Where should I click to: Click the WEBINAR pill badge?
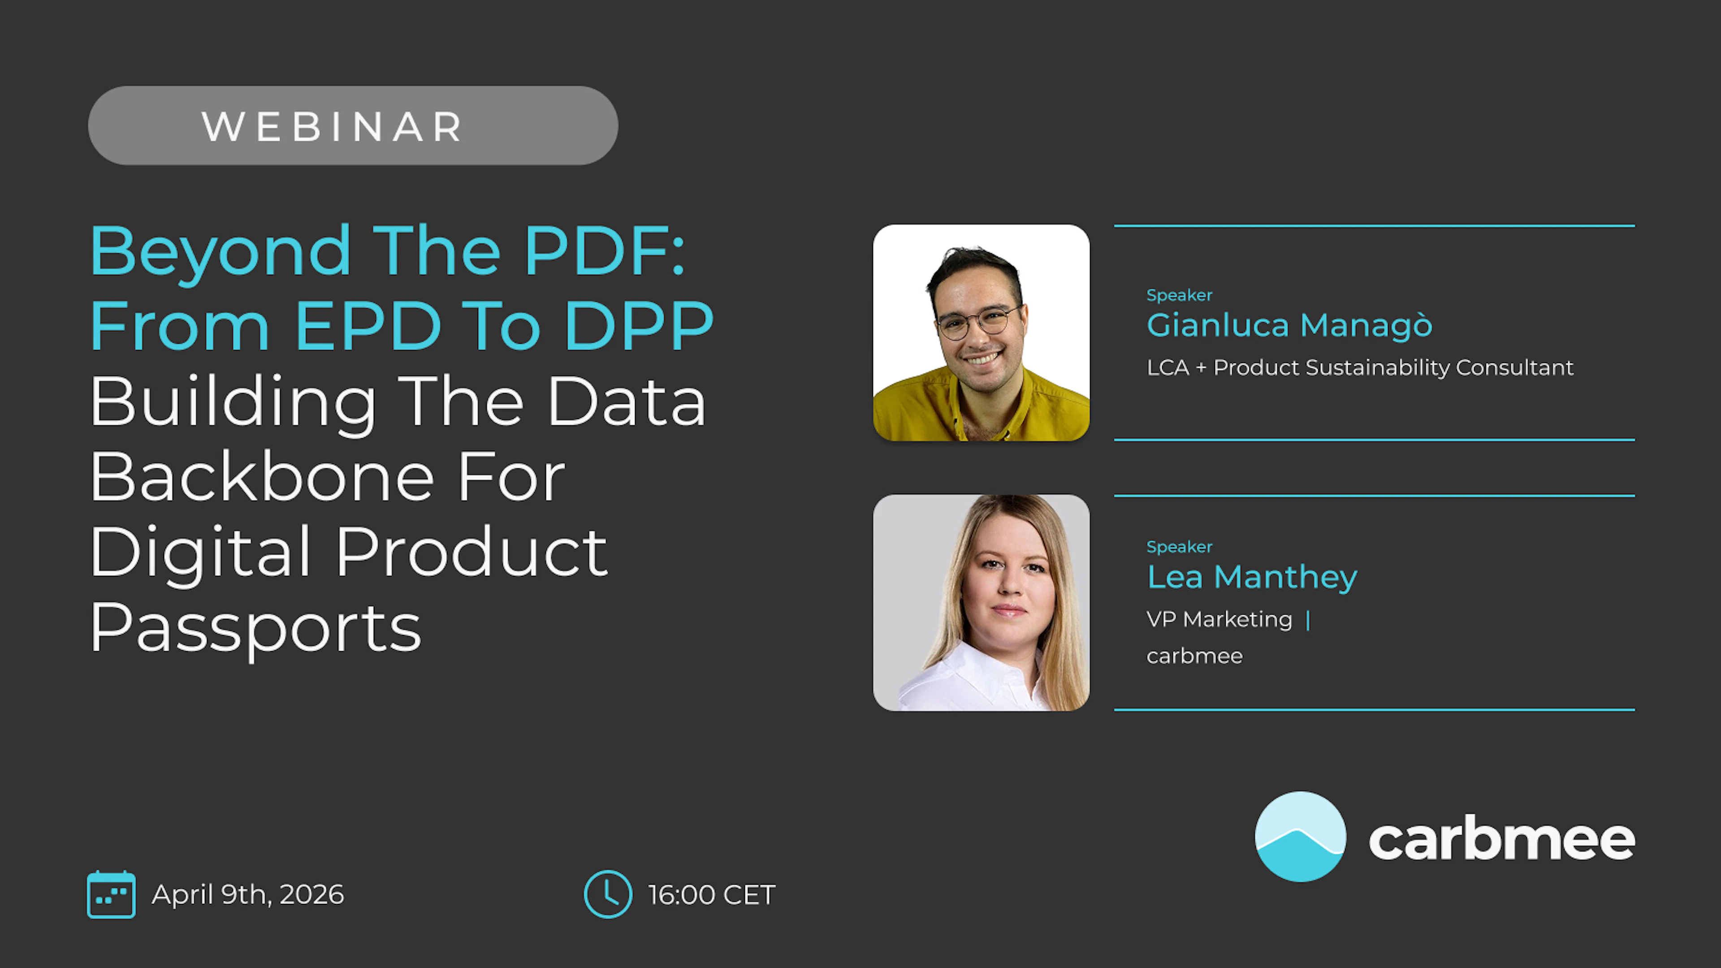click(353, 125)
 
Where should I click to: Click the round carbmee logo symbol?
click(1300, 837)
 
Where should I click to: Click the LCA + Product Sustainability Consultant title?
click(1360, 368)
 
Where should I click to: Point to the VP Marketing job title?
click(1219, 619)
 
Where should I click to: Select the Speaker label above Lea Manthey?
click(1179, 546)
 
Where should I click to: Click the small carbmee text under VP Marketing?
click(1194, 656)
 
